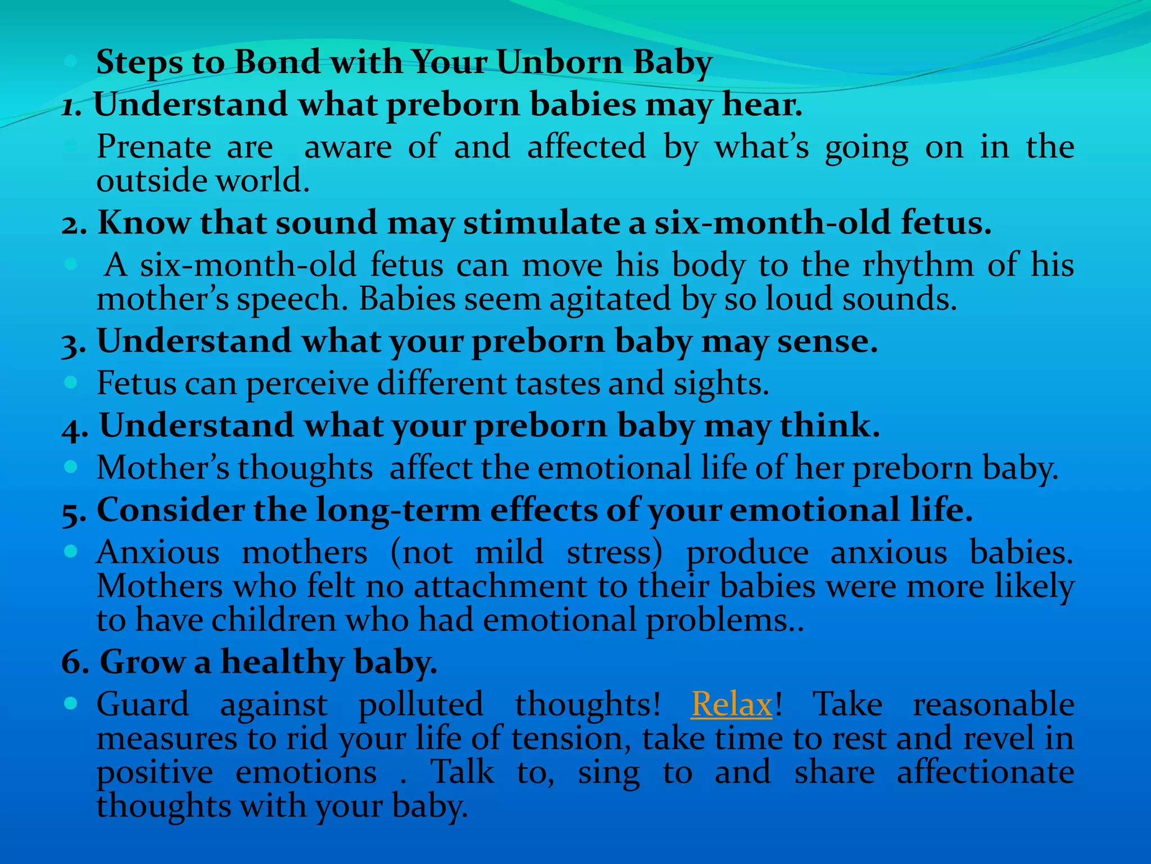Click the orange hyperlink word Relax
click(x=731, y=704)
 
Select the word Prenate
click(x=154, y=147)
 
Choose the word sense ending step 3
click(x=827, y=341)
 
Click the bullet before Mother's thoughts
click(x=70, y=466)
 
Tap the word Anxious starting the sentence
click(x=158, y=552)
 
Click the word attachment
click(x=500, y=586)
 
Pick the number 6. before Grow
click(x=75, y=662)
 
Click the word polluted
click(x=420, y=704)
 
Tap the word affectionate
click(x=985, y=772)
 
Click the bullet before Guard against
click(x=70, y=703)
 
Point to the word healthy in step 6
click(x=282, y=662)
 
